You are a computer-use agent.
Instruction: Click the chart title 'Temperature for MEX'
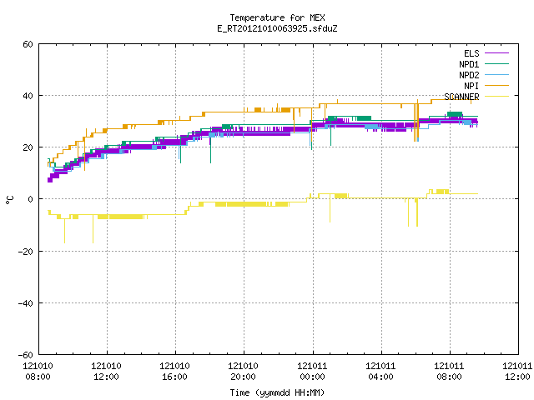(277, 17)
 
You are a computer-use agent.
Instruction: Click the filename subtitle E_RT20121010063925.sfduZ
(277, 28)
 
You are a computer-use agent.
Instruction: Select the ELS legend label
(471, 53)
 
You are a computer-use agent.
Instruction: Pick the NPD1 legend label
(469, 64)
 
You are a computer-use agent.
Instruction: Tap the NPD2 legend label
(469, 75)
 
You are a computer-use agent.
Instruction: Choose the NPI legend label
(471, 86)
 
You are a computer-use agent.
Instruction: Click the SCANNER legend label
(461, 97)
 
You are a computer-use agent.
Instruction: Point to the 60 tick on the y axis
(28, 44)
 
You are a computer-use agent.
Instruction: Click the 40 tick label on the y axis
(28, 96)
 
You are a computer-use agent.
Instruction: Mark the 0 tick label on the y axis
(30, 199)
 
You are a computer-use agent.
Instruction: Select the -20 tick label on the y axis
(26, 252)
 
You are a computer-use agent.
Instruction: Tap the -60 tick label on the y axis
(26, 355)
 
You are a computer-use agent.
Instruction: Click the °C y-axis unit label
(10, 200)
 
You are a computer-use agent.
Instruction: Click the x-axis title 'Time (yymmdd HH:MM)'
(277, 392)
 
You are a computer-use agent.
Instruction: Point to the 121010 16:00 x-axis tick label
(174, 372)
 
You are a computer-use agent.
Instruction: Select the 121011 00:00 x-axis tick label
(312, 372)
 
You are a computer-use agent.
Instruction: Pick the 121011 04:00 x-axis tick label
(380, 372)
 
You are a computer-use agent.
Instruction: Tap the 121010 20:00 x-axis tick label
(243, 372)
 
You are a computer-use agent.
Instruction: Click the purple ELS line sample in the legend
(496, 53)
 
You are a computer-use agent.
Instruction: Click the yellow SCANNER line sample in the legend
(496, 97)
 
